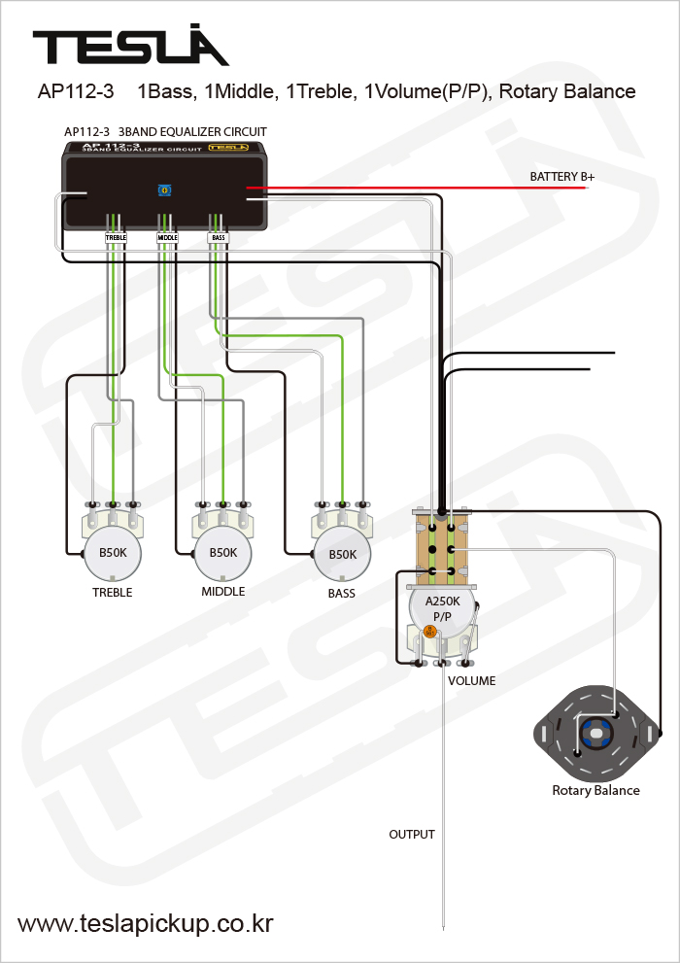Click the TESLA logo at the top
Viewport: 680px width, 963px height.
pos(130,47)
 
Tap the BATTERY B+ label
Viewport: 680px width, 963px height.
pos(561,177)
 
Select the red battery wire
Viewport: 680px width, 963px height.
pos(418,188)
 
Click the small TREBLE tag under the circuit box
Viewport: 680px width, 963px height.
pos(117,237)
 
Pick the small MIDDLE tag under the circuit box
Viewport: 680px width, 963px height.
pos(167,237)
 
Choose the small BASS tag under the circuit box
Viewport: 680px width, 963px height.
pos(218,237)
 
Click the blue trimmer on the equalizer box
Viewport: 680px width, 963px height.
pos(163,191)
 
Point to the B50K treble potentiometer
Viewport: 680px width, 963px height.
pos(112,553)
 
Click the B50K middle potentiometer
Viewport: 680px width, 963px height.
pos(222,553)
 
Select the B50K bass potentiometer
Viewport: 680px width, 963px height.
pos(342,554)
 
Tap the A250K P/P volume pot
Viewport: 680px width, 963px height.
pos(442,608)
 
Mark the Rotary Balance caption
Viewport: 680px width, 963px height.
pos(595,790)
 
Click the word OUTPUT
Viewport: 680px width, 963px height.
pos(412,834)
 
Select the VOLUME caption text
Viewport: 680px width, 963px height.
pos(471,680)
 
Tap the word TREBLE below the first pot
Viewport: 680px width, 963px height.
pos(112,592)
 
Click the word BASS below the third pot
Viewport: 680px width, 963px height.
pos(341,593)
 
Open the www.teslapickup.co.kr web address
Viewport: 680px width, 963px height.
pos(146,924)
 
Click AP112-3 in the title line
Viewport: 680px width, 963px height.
pos(76,92)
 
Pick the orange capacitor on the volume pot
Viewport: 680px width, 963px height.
pos(429,632)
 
